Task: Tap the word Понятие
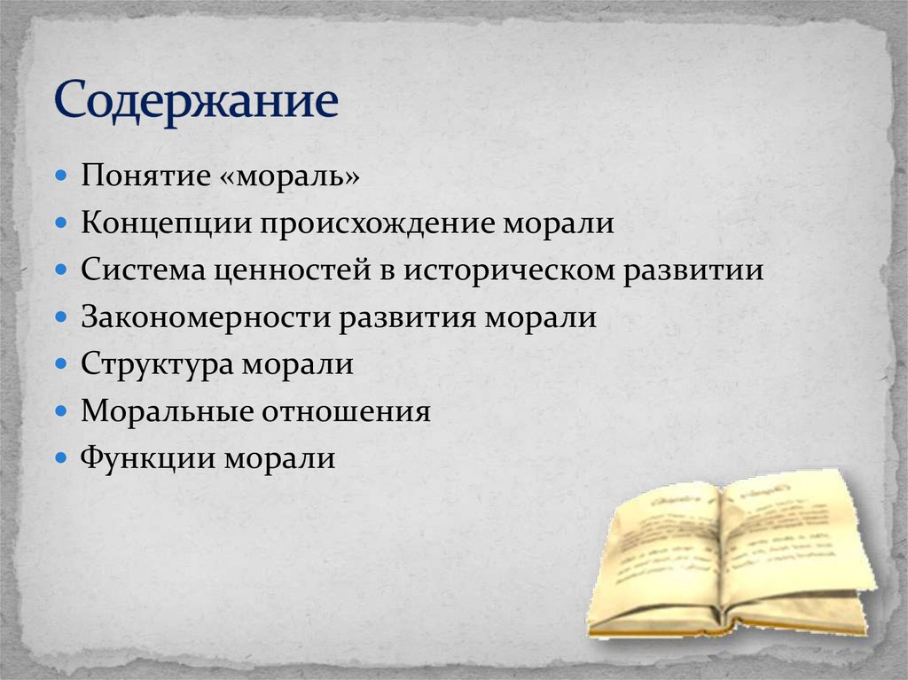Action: (142, 175)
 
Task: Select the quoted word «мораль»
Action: (286, 175)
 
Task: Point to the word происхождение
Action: (379, 223)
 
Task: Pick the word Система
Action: (142, 270)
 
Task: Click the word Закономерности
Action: (206, 317)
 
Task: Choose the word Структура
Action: (152, 364)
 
